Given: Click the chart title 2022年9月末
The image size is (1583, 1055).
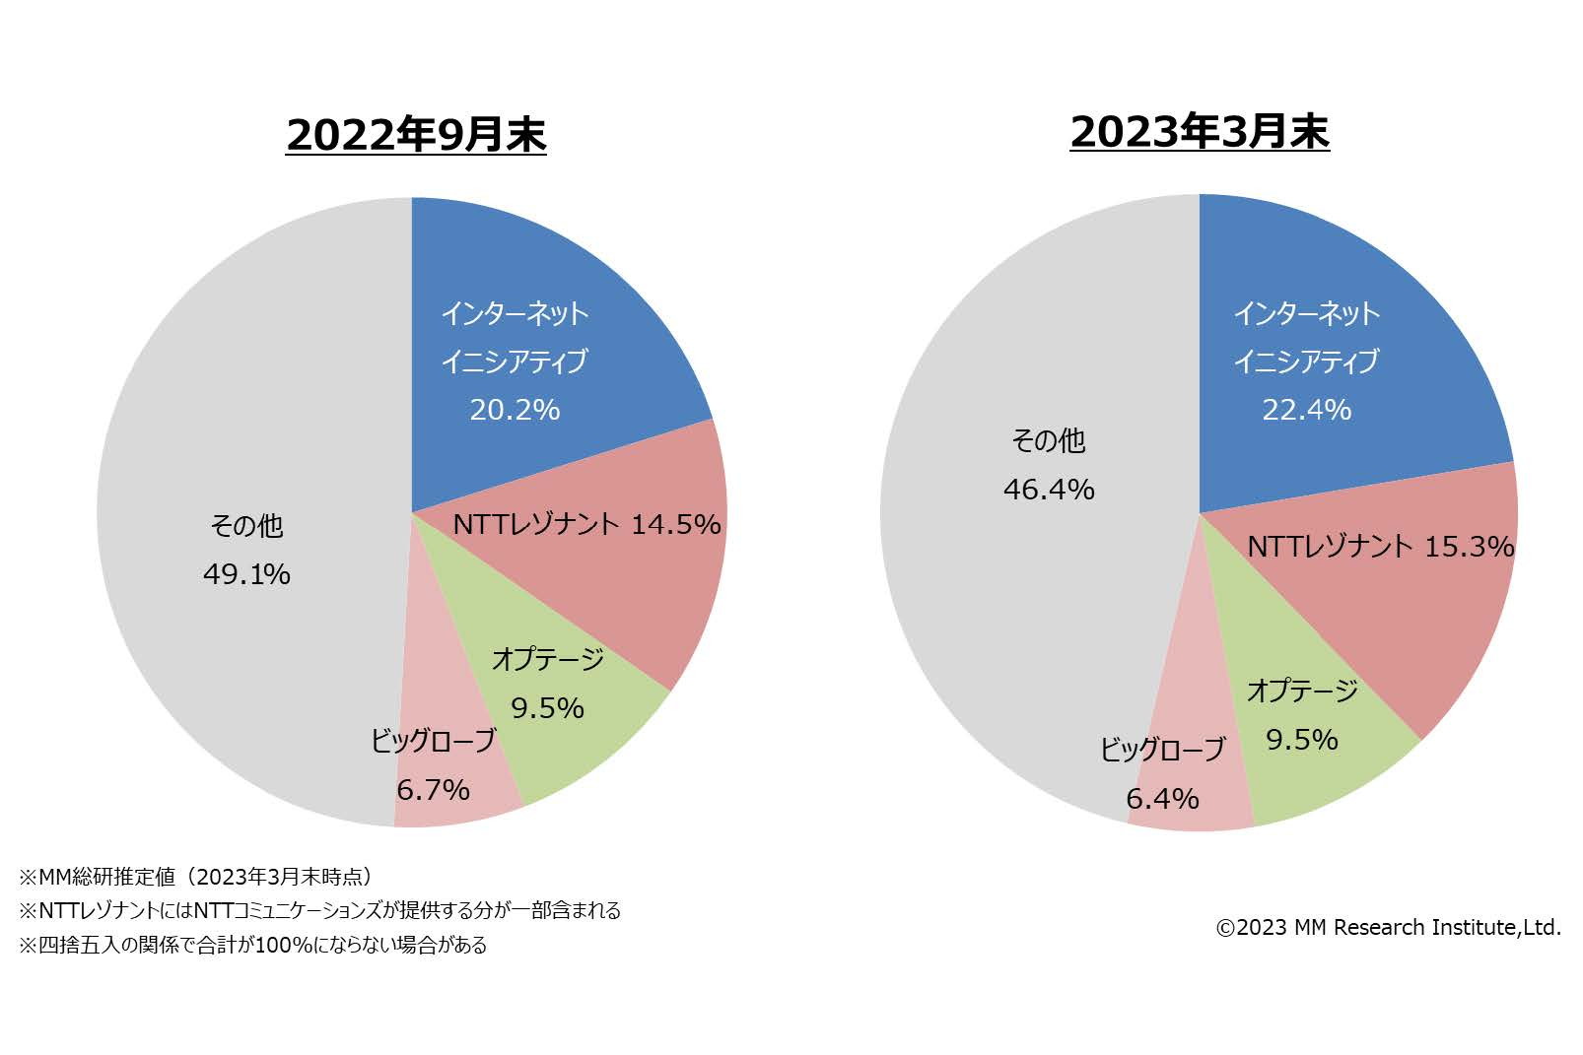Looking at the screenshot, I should (416, 135).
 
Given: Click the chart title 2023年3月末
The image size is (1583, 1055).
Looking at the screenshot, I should (1200, 132).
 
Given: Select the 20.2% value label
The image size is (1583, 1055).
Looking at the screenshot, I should (515, 410).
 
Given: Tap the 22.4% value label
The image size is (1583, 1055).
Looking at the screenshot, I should (1307, 410).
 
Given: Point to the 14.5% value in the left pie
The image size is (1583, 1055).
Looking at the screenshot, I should (676, 525).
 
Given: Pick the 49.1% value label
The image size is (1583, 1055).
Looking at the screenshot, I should (246, 574).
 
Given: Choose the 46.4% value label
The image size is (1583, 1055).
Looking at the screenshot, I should (1049, 490).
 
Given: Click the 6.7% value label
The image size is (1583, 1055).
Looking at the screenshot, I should (433, 790).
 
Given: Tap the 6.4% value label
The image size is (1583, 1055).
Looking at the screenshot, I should (1162, 799).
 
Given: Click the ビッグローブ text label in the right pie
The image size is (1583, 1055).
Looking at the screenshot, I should (1162, 751).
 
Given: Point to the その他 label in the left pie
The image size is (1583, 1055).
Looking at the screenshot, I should (246, 526).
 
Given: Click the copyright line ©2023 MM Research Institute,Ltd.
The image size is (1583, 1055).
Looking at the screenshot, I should (1388, 928).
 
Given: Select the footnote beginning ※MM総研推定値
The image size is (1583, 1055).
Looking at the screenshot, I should (196, 877).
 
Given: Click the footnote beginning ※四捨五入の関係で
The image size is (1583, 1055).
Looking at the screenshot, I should (252, 946).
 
